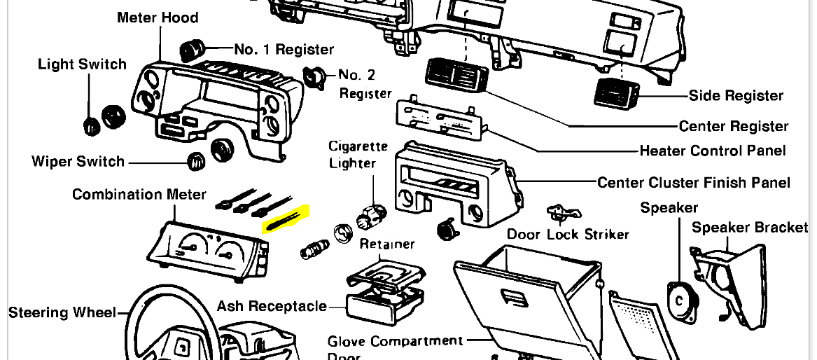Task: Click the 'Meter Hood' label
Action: [x=158, y=18]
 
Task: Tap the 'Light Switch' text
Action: [x=82, y=64]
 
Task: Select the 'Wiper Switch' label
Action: [x=78, y=162]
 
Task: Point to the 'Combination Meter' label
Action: [x=139, y=194]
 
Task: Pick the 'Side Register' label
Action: [x=736, y=96]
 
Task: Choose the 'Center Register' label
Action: [x=734, y=127]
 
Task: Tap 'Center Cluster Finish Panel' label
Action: [x=693, y=183]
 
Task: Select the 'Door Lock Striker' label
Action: [x=568, y=234]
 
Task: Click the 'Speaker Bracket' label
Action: [x=750, y=228]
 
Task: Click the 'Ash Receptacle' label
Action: [x=272, y=306]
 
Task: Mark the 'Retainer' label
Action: [x=387, y=244]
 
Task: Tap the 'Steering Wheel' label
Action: [x=62, y=312]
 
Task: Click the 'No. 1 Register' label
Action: [x=284, y=50]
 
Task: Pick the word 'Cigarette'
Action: [x=358, y=146]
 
